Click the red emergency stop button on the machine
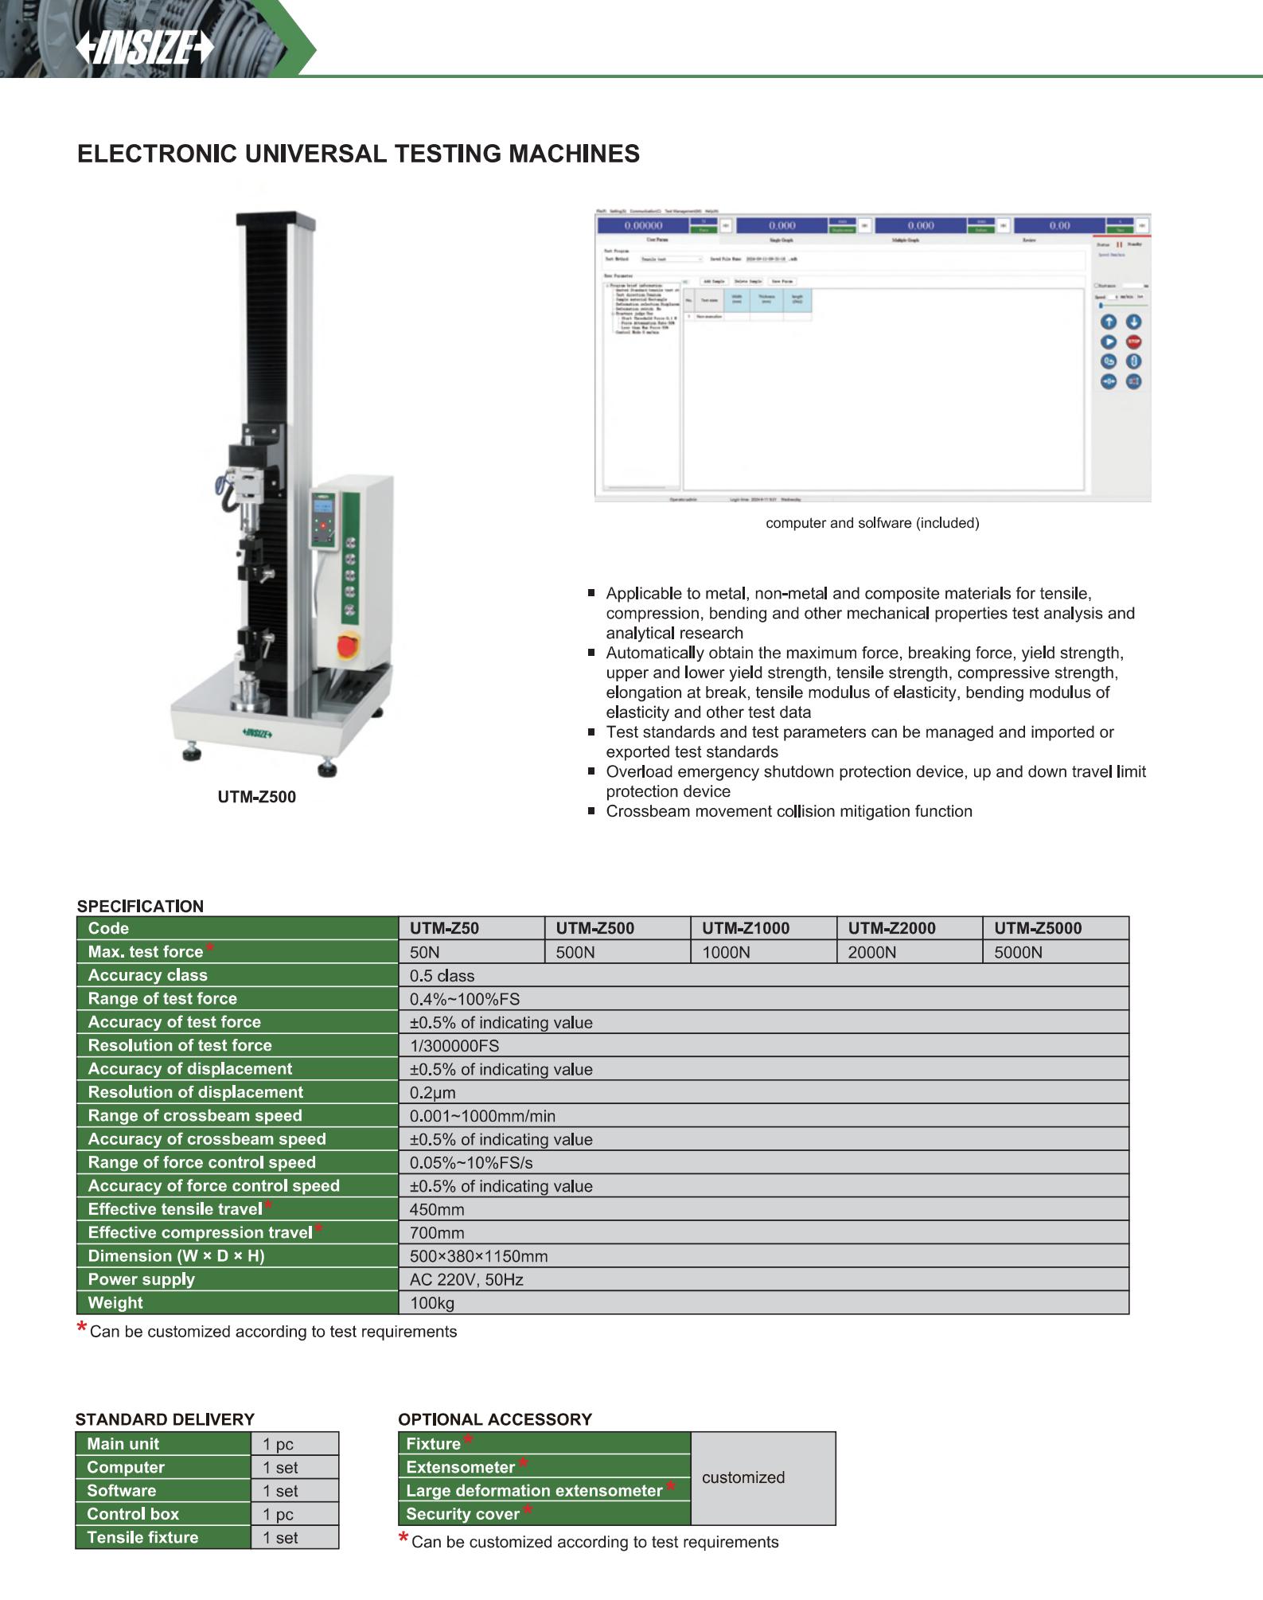[x=348, y=645]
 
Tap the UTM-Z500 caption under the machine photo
[x=256, y=797]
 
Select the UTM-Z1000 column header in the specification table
[x=746, y=928]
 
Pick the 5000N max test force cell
[x=1018, y=952]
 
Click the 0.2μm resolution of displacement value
[x=433, y=1093]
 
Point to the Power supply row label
[x=142, y=1279]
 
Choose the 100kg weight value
[x=432, y=1303]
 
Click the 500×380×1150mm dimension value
[x=478, y=1256]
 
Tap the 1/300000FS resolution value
[x=454, y=1046]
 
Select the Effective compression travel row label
[x=200, y=1232]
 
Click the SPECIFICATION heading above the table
[x=140, y=906]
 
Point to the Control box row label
[x=133, y=1514]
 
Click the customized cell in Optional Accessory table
[x=743, y=1477]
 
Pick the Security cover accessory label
[x=462, y=1514]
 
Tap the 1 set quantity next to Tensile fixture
[x=280, y=1538]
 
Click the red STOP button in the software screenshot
[x=1133, y=341]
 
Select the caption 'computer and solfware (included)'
[x=872, y=523]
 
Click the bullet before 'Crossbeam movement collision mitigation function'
[x=591, y=811]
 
